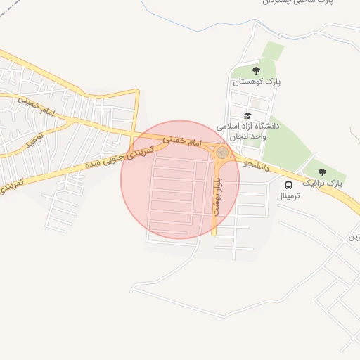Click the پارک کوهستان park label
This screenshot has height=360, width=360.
pos(257,82)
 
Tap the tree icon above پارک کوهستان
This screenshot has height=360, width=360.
pos(256,70)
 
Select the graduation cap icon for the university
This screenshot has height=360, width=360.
pos(247,115)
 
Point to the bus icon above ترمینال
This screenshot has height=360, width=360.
pos(289,184)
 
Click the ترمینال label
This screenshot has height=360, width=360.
pos(289,195)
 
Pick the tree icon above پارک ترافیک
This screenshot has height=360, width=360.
pos(322,171)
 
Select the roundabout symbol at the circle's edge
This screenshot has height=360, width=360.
pos(221,152)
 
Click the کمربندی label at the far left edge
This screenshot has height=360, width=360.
pos(11,185)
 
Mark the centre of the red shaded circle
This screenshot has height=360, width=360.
pos(180,179)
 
